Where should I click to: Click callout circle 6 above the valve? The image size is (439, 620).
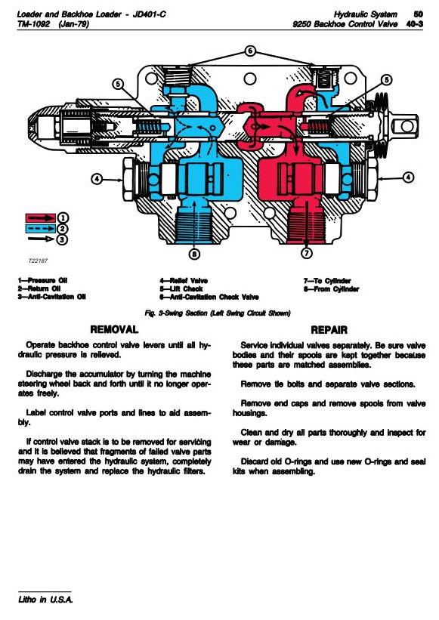(x=250, y=51)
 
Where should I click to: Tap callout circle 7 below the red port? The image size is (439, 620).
(x=307, y=253)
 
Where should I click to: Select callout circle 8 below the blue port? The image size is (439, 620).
(x=193, y=254)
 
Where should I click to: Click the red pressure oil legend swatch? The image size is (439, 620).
(x=41, y=218)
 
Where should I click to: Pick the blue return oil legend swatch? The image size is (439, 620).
(x=41, y=229)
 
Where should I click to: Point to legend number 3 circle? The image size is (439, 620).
(x=62, y=239)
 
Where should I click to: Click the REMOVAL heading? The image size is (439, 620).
(x=114, y=329)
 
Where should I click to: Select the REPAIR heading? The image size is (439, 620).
(x=329, y=330)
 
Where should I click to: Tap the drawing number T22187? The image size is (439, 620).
(x=38, y=261)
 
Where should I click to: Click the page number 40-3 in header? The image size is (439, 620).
(x=415, y=24)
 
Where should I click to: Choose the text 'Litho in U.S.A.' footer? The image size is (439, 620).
(x=45, y=600)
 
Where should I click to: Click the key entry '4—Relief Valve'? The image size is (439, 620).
(x=184, y=281)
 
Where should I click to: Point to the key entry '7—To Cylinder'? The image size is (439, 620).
(x=327, y=281)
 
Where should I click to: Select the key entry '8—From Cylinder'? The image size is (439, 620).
(x=331, y=289)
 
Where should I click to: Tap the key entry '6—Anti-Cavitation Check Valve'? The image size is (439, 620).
(x=209, y=297)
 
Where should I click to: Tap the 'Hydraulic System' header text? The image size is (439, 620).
(x=366, y=14)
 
